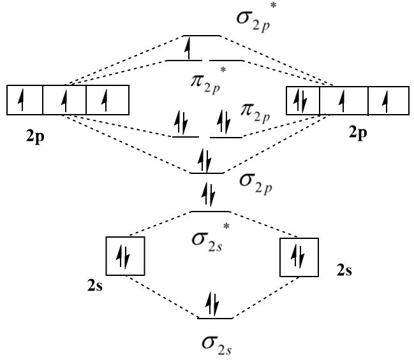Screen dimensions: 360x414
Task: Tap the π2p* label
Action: click(x=205, y=81)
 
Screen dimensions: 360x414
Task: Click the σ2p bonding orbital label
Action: click(x=255, y=180)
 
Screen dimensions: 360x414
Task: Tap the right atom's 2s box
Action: click(x=299, y=256)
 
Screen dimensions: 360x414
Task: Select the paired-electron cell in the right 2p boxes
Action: click(x=303, y=101)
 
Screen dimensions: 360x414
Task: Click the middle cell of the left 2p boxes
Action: click(x=64, y=101)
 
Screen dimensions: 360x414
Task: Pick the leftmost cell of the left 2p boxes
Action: click(x=24, y=101)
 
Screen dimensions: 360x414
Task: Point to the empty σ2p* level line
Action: click(x=202, y=36)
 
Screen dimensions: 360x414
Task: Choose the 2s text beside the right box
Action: click(x=344, y=271)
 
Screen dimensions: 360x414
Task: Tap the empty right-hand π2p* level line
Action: click(x=227, y=61)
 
